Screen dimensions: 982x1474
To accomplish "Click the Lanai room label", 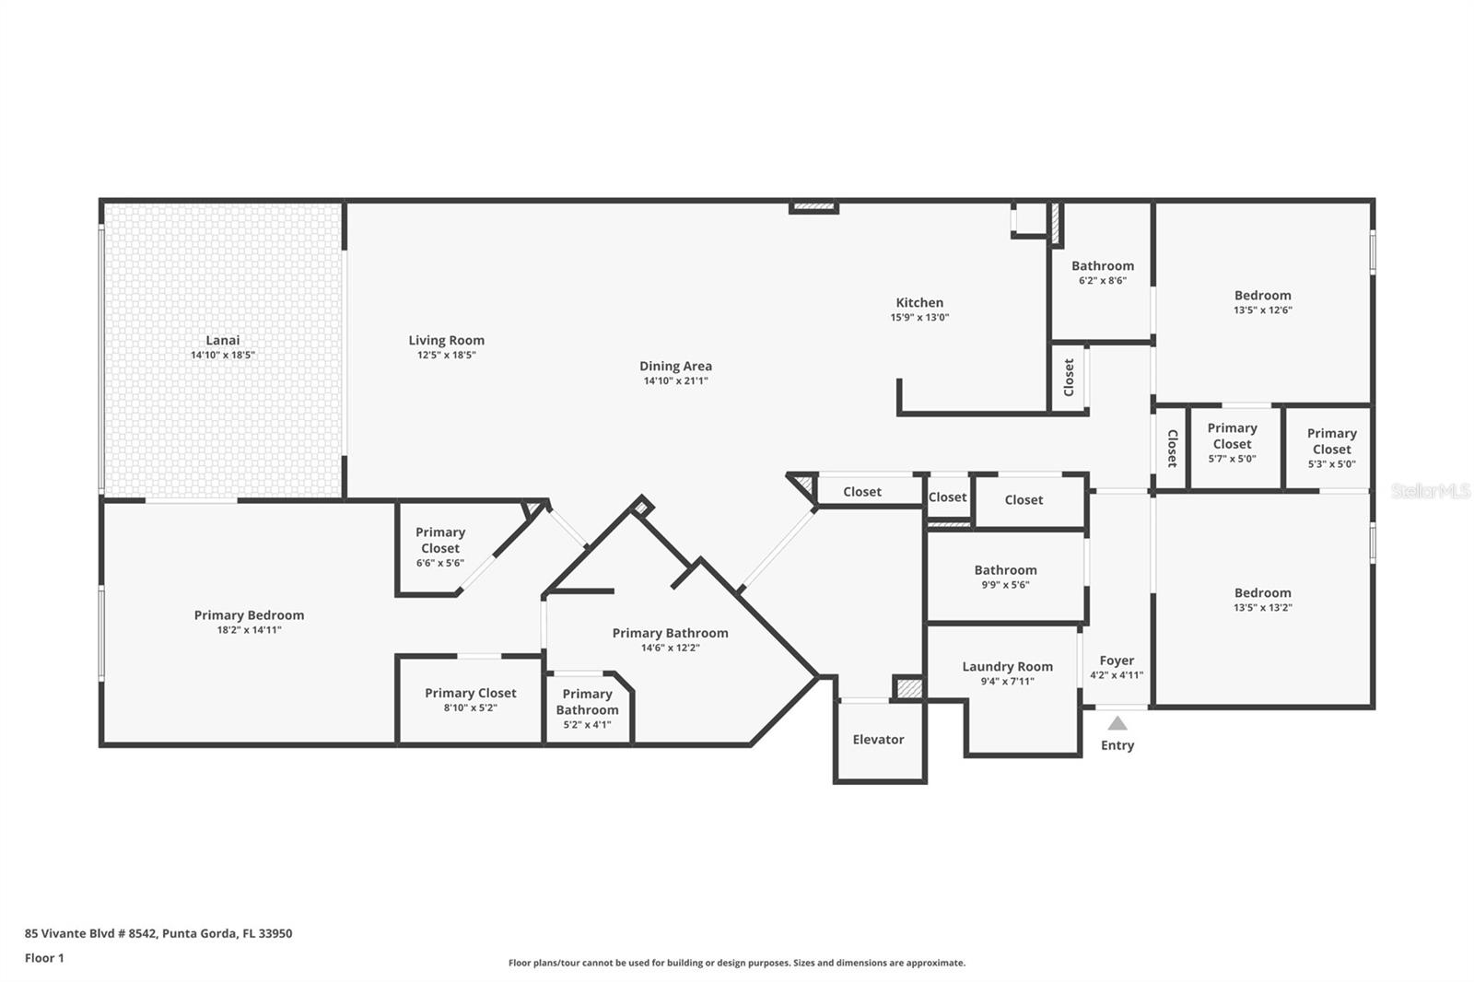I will [x=222, y=341].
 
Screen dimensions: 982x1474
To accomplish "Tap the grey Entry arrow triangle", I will [x=1117, y=724].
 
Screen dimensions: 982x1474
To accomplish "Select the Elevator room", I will [x=878, y=740].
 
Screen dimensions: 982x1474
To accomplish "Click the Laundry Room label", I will [x=1007, y=667].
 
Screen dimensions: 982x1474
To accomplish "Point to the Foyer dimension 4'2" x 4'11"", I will [x=1117, y=675].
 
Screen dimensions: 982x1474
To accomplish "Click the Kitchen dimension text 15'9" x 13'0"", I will [x=919, y=318].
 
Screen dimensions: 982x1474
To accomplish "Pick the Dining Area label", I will [x=675, y=367].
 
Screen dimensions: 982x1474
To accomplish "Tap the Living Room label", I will [x=446, y=341].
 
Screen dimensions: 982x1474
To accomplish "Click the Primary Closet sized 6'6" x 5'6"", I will [x=439, y=547].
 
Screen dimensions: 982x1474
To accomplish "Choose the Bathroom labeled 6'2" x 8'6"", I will [x=1102, y=273].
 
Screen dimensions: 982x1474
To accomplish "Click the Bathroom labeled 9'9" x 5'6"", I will [x=1005, y=577].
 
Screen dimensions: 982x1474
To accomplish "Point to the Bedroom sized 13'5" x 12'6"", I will [x=1262, y=302].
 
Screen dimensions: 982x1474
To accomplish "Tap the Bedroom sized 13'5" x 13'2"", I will [x=1262, y=600].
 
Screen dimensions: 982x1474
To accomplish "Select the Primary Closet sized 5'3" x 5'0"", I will [x=1331, y=448].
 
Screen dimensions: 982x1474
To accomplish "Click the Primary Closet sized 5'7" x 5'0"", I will [x=1232, y=442].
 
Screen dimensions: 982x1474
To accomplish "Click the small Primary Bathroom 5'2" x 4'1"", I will [x=587, y=708].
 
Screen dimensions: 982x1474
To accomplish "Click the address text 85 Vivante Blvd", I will [x=158, y=933].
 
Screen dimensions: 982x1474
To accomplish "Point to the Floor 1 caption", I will [x=44, y=958].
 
